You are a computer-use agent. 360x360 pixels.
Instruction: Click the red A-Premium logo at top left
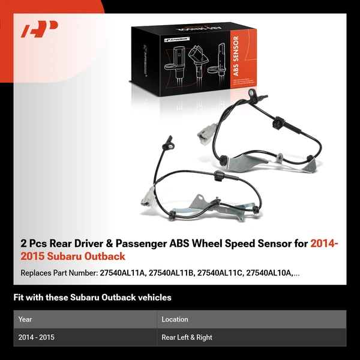(x=40, y=29)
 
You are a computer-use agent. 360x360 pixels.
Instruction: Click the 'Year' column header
(x=25, y=319)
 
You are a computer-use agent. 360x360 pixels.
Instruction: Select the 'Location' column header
(x=175, y=319)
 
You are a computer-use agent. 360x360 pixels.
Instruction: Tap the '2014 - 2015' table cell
(x=37, y=337)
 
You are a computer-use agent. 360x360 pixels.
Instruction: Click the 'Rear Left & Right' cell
(x=187, y=337)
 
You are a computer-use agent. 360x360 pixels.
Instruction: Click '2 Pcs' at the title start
(x=35, y=244)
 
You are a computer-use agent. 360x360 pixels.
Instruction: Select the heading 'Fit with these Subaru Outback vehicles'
(x=92, y=298)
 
